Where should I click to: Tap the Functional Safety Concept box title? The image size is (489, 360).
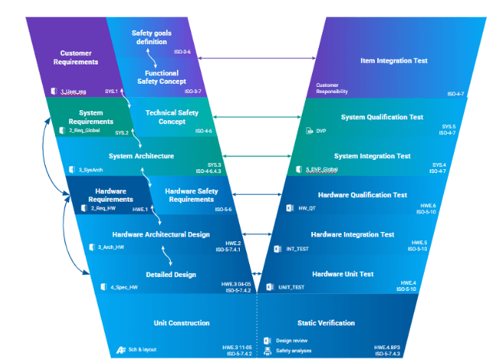point(162,77)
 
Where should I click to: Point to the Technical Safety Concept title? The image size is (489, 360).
point(172,116)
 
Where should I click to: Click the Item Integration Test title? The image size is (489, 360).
point(394,61)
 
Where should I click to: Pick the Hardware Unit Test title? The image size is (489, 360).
point(343,274)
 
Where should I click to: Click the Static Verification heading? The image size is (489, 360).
point(326,322)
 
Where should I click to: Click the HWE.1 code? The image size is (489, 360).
point(140,209)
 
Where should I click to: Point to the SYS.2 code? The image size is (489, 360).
point(122,133)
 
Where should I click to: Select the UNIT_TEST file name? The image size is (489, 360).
point(291,287)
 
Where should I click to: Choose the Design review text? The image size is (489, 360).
point(292,341)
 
